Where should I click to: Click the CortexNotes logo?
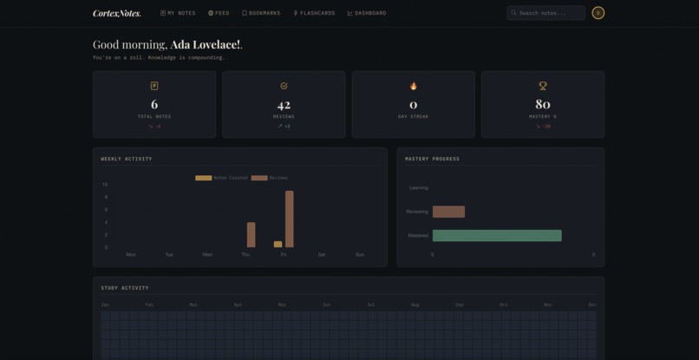(116, 13)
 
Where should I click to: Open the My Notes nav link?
(178, 13)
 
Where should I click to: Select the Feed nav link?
(219, 13)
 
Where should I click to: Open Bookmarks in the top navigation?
(261, 13)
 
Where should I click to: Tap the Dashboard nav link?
(367, 13)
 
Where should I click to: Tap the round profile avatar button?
(598, 13)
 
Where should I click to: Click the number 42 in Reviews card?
(284, 105)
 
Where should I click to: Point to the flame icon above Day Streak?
(413, 86)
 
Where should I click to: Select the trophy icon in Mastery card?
(543, 86)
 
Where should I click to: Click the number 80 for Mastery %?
(543, 105)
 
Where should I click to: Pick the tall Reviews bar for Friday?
(290, 219)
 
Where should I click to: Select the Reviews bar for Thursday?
(252, 235)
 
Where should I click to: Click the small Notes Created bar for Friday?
(278, 245)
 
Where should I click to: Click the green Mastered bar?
(497, 236)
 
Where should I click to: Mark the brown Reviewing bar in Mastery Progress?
(448, 212)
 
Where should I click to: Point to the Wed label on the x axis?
(207, 255)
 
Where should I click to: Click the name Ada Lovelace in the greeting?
(206, 44)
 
